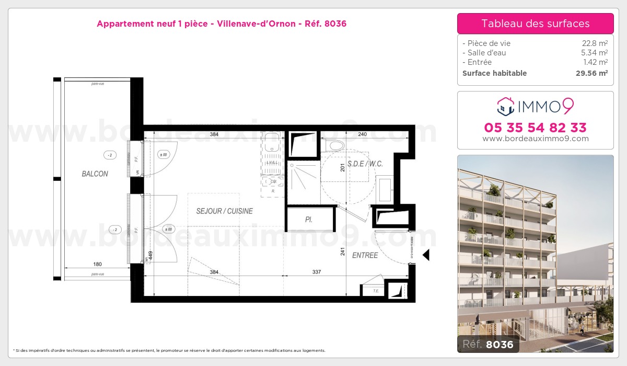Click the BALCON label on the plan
click(x=95, y=174)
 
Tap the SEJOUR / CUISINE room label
click(x=224, y=211)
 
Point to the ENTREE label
click(x=365, y=255)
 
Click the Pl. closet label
click(x=309, y=220)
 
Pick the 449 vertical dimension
click(x=150, y=256)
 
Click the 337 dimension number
click(x=317, y=272)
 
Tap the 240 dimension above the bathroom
click(x=362, y=134)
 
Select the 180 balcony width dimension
click(x=97, y=264)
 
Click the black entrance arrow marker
click(x=426, y=255)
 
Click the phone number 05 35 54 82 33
click(x=535, y=128)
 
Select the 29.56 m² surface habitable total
click(x=591, y=73)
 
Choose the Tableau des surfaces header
click(x=535, y=24)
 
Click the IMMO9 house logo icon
click(x=505, y=106)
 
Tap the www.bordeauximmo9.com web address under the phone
click(x=535, y=139)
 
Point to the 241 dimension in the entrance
click(x=343, y=251)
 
